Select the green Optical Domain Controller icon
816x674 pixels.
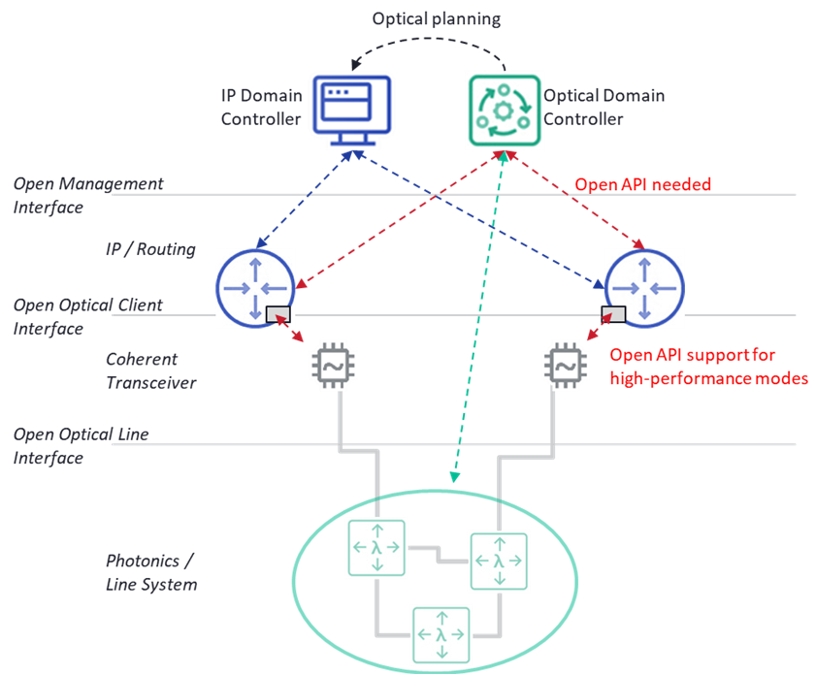pyautogui.click(x=503, y=109)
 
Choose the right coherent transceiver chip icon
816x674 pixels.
pyautogui.click(x=563, y=366)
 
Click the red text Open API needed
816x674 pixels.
pyautogui.click(x=643, y=184)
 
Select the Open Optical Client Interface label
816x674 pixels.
pyautogui.click(x=88, y=316)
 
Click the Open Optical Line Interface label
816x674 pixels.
pyautogui.click(x=82, y=445)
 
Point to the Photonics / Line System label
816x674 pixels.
pyautogui.click(x=151, y=572)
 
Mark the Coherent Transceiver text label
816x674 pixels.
pyautogui.click(x=150, y=370)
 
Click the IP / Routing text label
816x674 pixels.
pyautogui.click(x=150, y=249)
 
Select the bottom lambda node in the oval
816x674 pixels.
pyautogui.click(x=441, y=635)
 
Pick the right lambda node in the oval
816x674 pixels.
pyautogui.click(x=499, y=561)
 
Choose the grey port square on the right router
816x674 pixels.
pyautogui.click(x=613, y=313)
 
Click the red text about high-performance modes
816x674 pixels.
pyautogui.click(x=708, y=367)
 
